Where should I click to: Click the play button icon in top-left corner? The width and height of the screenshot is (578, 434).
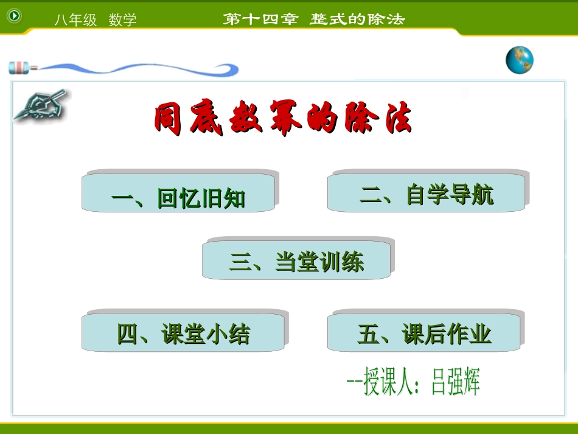[14, 15]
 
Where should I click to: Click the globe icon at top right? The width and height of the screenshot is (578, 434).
[519, 60]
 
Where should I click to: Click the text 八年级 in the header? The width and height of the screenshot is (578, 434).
[75, 20]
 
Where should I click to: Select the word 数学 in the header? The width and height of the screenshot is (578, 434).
[122, 20]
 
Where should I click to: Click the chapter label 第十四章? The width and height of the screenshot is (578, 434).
[260, 19]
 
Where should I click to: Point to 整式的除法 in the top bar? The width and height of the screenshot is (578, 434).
[357, 19]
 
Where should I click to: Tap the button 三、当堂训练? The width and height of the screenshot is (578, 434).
[296, 262]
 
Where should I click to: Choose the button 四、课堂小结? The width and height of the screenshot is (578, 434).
[183, 334]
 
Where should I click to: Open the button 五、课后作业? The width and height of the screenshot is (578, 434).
[424, 334]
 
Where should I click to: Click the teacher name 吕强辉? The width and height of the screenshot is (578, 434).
[456, 384]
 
